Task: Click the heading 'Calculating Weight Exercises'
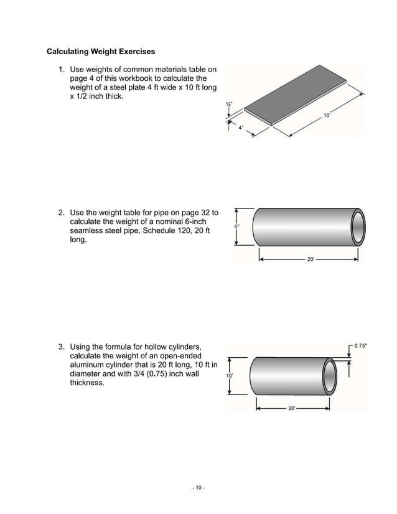[x=101, y=50]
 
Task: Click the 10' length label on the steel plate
[x=327, y=115]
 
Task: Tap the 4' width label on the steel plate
[x=241, y=128]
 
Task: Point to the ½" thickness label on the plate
[x=229, y=105]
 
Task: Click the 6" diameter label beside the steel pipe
[x=236, y=227]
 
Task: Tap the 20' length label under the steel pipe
[x=311, y=259]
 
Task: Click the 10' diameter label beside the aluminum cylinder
[x=230, y=376]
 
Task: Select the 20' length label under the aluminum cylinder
[x=291, y=408]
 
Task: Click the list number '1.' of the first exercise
[x=62, y=70]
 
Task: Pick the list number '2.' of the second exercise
[x=62, y=212]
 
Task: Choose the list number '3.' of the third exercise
[x=62, y=346]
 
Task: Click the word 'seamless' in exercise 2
[x=88, y=230]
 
